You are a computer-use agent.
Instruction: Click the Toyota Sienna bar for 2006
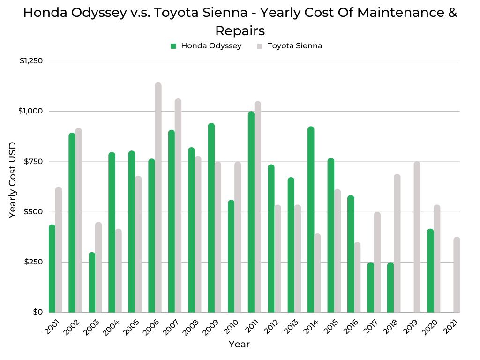click(158, 197)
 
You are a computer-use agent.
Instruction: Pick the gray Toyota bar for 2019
click(417, 237)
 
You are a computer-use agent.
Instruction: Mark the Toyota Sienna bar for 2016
click(357, 277)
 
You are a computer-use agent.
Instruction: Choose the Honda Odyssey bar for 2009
click(211, 217)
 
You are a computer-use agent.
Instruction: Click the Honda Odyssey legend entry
click(206, 46)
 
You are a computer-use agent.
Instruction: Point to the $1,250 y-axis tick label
click(31, 61)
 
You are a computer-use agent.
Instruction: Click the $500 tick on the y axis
click(33, 212)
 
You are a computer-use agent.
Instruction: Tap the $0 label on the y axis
click(37, 312)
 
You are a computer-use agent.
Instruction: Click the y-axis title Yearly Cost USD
click(13, 180)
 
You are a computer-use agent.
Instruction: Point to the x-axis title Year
click(239, 345)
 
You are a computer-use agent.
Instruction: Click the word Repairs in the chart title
click(240, 30)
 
